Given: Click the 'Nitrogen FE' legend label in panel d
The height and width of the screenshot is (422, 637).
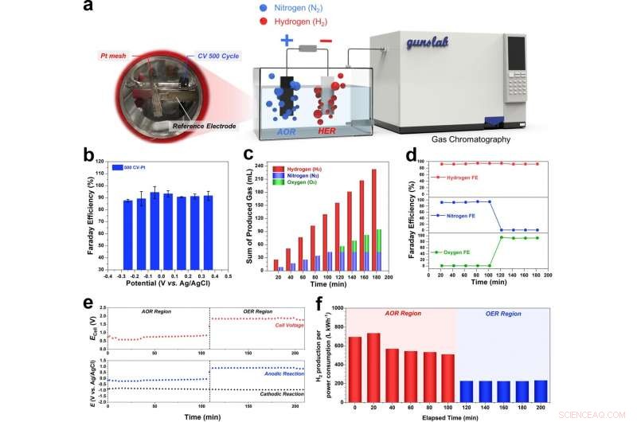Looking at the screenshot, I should pyautogui.click(x=457, y=215).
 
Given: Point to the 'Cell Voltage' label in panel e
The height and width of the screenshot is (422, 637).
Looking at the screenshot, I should pyautogui.click(x=276, y=326).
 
